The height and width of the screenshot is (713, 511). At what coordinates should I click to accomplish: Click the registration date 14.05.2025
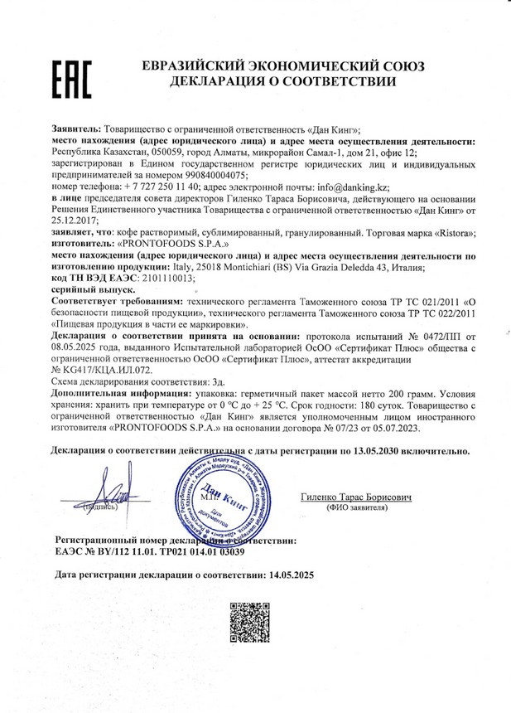click(287, 574)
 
